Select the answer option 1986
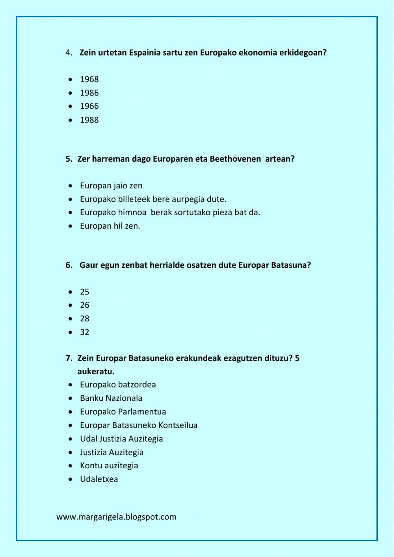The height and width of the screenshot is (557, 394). point(89,93)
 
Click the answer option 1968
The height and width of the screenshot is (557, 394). point(89,79)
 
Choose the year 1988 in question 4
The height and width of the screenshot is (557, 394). point(89,120)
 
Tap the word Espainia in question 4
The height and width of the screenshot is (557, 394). point(144,52)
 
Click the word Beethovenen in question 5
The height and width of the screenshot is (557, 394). point(235,159)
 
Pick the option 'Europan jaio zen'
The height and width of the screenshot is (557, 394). point(111,186)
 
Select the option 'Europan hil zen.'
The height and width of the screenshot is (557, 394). point(110,226)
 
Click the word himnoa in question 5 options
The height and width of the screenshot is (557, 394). point(134,212)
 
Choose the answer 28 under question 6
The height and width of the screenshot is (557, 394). point(85,319)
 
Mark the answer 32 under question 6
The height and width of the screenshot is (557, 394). point(85,332)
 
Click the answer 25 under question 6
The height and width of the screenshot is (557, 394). point(85,292)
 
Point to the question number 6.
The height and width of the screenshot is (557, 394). point(69,265)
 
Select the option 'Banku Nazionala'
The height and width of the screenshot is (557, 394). point(111,398)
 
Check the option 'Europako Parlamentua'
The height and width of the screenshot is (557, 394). point(123,412)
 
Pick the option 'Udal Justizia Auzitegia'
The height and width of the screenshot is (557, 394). point(121,439)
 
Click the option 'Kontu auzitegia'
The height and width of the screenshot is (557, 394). point(109,466)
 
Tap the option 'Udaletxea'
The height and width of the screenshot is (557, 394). point(99,479)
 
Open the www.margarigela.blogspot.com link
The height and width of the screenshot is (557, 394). point(116,517)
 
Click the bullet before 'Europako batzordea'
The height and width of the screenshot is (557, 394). point(70,385)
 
